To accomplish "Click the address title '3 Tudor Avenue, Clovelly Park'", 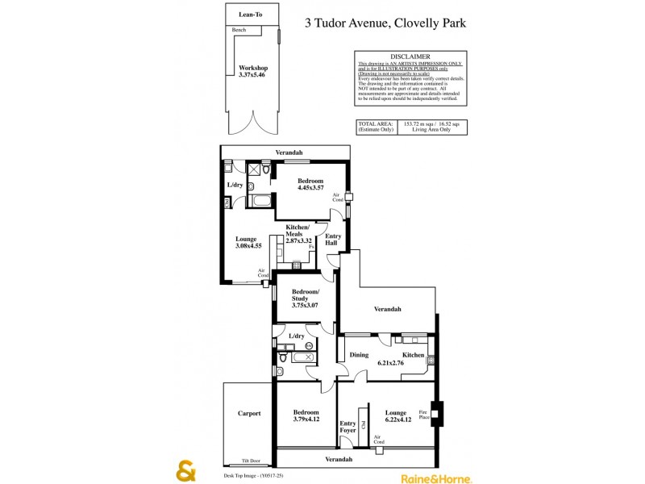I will [385, 23].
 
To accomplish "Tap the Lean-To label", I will [252, 15].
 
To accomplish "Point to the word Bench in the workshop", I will [239, 30].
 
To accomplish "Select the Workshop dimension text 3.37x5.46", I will [253, 75].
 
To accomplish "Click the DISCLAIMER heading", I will [410, 56].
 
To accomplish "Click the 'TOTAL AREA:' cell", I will [375, 123].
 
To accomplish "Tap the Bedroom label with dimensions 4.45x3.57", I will [310, 184].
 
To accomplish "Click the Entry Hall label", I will [332, 240].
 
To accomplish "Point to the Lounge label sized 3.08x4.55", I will [246, 243].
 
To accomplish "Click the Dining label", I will [359, 355].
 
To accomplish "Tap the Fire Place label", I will [423, 414].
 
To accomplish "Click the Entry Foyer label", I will [347, 428].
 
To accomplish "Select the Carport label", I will [249, 414].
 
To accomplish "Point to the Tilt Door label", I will [251, 461].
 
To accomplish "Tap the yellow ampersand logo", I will [186, 471].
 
